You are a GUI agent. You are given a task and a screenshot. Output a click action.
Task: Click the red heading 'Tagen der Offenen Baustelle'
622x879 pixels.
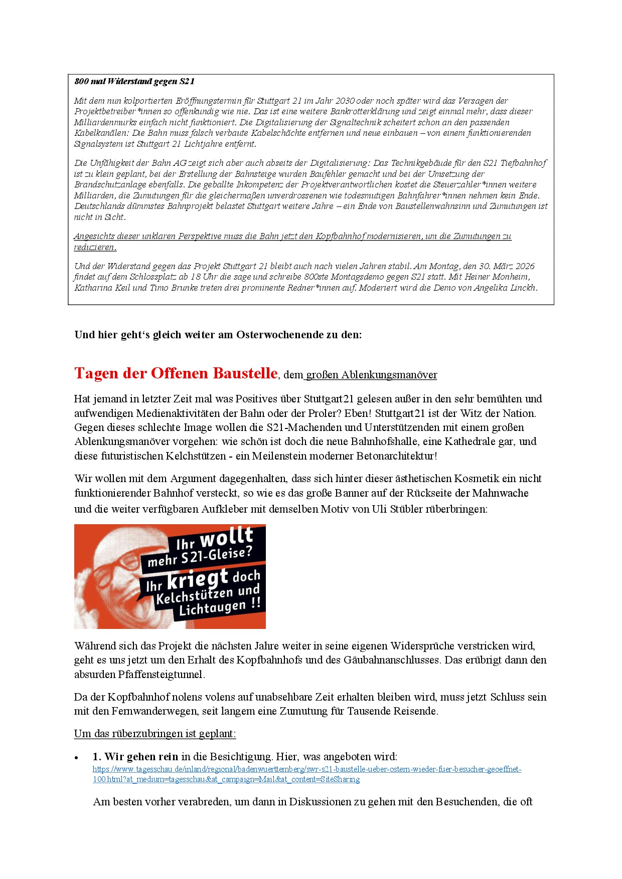pyautogui.click(x=176, y=373)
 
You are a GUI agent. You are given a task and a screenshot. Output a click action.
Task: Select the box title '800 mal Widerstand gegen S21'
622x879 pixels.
pyautogui.click(x=134, y=82)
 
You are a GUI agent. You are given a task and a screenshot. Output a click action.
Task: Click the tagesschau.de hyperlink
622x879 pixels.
pyautogui.click(x=306, y=774)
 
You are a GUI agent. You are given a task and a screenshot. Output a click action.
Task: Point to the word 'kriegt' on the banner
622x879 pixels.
pyautogui.click(x=198, y=580)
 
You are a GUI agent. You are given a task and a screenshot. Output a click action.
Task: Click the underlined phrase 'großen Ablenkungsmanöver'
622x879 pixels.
pyautogui.click(x=371, y=375)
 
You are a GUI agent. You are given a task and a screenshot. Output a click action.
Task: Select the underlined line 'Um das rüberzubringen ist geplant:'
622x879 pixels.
pyautogui.click(x=155, y=734)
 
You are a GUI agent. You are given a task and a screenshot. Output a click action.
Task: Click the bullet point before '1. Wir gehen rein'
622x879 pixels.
pyautogui.click(x=77, y=758)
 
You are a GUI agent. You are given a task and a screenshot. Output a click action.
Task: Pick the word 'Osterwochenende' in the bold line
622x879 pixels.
pyautogui.click(x=280, y=335)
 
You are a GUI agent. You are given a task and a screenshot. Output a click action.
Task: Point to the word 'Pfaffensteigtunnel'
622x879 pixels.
pyautogui.click(x=160, y=675)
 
